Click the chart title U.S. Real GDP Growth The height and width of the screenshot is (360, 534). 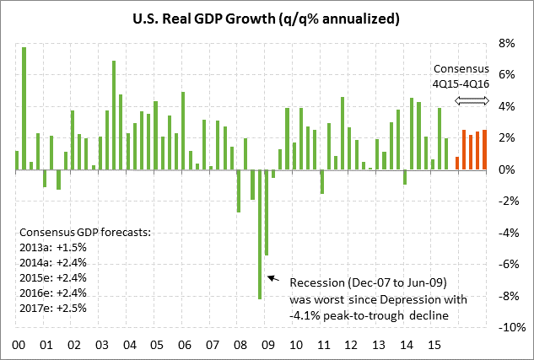[267, 18]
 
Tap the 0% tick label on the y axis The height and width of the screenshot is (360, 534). [506, 169]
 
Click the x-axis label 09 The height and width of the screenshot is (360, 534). [267, 345]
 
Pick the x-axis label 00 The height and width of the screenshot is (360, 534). [18, 345]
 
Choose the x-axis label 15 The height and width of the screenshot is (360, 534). [434, 345]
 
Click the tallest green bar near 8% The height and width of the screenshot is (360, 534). [24, 108]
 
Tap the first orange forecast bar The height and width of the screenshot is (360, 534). [457, 164]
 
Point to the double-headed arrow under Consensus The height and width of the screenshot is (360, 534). [472, 101]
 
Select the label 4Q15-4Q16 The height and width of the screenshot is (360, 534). [461, 83]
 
